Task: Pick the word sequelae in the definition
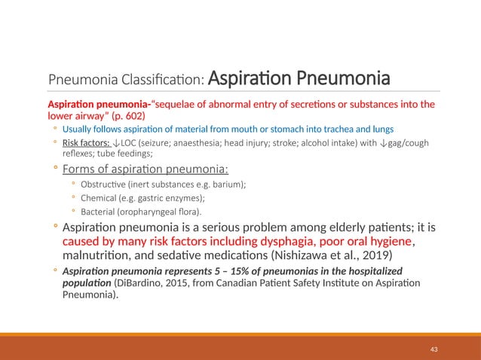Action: (164, 104)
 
